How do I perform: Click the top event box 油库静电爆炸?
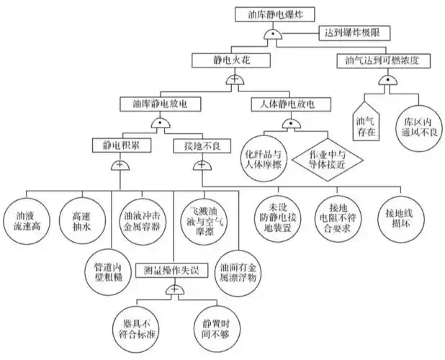click(x=271, y=14)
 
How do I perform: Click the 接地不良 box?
click(x=197, y=145)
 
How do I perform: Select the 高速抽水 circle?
click(x=81, y=215)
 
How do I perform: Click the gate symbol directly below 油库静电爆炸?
click(x=271, y=35)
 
